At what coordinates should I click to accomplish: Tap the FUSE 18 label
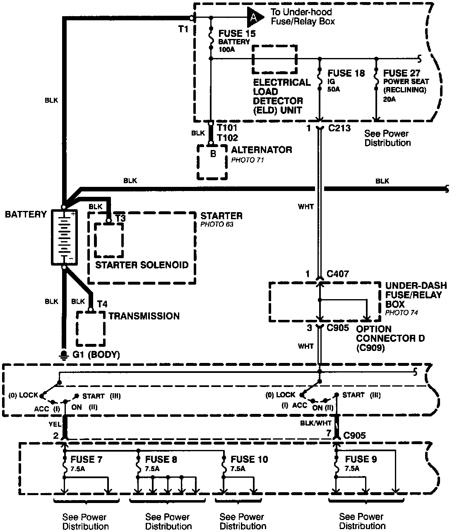(346, 73)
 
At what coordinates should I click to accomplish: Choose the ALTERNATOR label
(262, 150)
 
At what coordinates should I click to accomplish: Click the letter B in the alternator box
(213, 154)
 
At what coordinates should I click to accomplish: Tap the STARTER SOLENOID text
(142, 265)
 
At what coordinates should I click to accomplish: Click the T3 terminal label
(120, 218)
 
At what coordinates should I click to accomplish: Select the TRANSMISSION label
(144, 316)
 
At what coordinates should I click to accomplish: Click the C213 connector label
(339, 128)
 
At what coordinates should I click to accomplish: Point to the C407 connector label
(338, 274)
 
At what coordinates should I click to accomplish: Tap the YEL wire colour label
(54, 424)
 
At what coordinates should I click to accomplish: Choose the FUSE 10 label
(249, 459)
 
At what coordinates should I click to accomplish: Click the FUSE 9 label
(361, 459)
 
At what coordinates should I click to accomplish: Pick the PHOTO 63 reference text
(214, 225)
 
